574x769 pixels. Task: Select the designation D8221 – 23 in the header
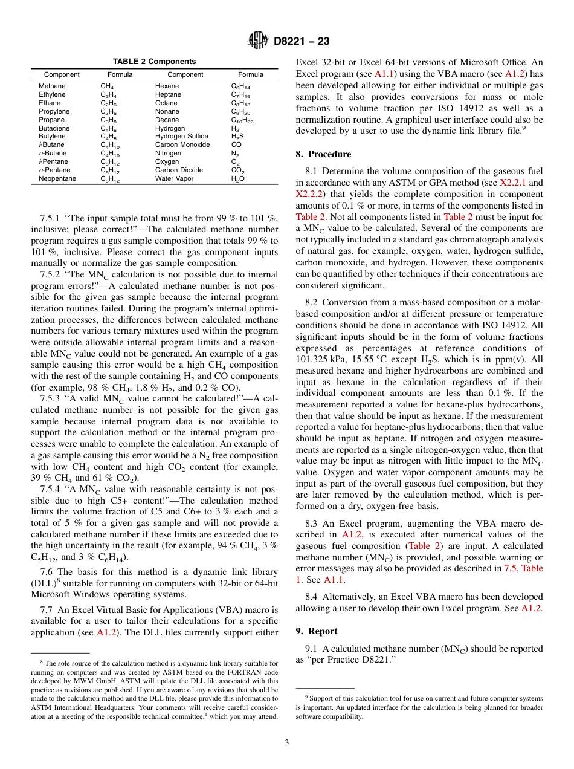302,42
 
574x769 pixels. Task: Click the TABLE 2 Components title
154,62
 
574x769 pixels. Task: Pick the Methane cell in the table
52,86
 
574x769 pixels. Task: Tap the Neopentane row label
57,179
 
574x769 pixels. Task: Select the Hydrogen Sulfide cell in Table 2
181,137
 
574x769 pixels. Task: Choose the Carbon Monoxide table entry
182,145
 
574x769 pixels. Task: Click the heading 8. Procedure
323,154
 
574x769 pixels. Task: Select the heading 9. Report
317,631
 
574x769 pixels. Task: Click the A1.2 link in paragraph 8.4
531,608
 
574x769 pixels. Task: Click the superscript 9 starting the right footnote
307,696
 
